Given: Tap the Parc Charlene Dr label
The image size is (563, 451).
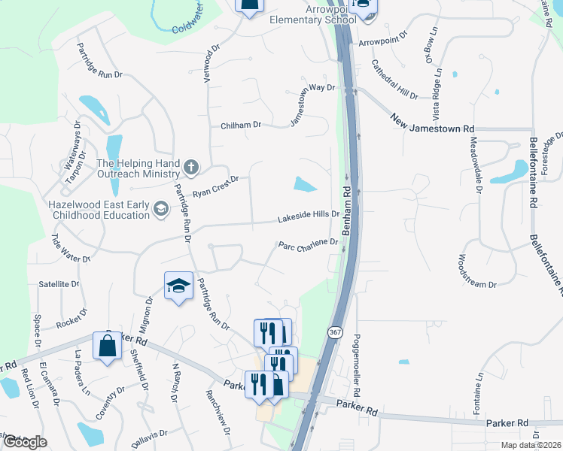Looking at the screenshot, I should tap(308, 244).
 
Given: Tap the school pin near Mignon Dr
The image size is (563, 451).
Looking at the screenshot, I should tap(178, 286).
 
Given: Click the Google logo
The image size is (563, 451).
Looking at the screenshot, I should tap(24, 442).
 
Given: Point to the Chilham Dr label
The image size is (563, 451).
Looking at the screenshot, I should tap(240, 126).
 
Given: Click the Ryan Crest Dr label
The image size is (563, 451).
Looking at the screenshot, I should tap(215, 186).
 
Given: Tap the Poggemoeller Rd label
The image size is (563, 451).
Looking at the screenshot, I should tap(357, 366).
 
